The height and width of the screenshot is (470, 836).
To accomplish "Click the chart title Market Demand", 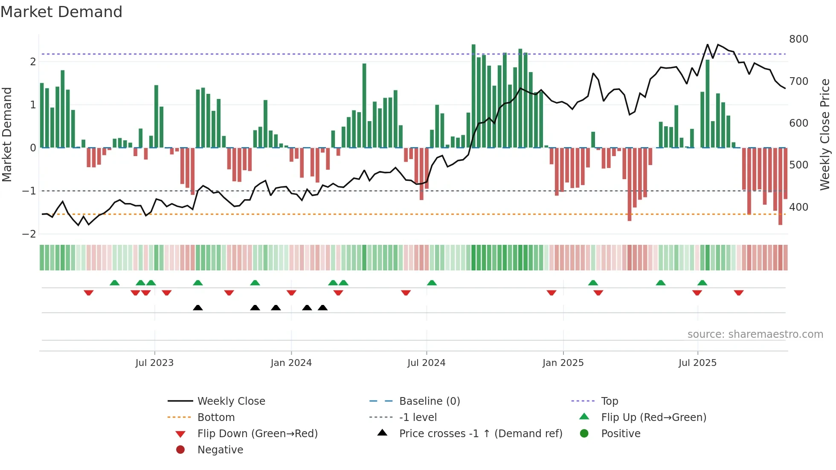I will tap(61, 12).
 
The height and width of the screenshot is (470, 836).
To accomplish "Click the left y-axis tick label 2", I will tap(33, 61).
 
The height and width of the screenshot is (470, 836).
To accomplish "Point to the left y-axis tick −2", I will tap(29, 234).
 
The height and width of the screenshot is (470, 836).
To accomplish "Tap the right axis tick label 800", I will tap(798, 39).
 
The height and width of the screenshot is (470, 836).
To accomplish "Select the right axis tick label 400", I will tap(798, 207).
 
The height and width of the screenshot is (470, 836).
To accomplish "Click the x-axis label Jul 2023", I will tap(154, 363).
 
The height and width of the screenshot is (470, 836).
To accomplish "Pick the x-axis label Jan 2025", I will tap(563, 363).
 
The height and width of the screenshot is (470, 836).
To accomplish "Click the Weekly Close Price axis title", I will tap(825, 134).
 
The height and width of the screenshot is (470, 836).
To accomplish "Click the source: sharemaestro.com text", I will tap(755, 334).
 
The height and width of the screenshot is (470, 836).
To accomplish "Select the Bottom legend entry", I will tap(216, 418).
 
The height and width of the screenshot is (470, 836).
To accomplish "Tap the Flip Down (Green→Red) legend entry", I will tap(257, 434).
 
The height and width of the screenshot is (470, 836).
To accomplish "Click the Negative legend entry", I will tap(220, 450).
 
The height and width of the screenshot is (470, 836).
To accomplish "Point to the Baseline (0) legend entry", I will tap(430, 401).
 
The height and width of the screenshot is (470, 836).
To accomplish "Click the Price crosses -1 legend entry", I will tap(481, 434).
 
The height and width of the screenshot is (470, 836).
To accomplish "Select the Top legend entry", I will tap(610, 401).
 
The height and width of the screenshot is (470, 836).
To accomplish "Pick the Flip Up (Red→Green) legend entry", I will tap(653, 418).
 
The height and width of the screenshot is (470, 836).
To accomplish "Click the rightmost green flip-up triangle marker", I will tap(702, 283).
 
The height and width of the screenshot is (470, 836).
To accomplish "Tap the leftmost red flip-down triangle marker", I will tap(89, 293).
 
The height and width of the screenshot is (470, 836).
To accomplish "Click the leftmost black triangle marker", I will tap(197, 308).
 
